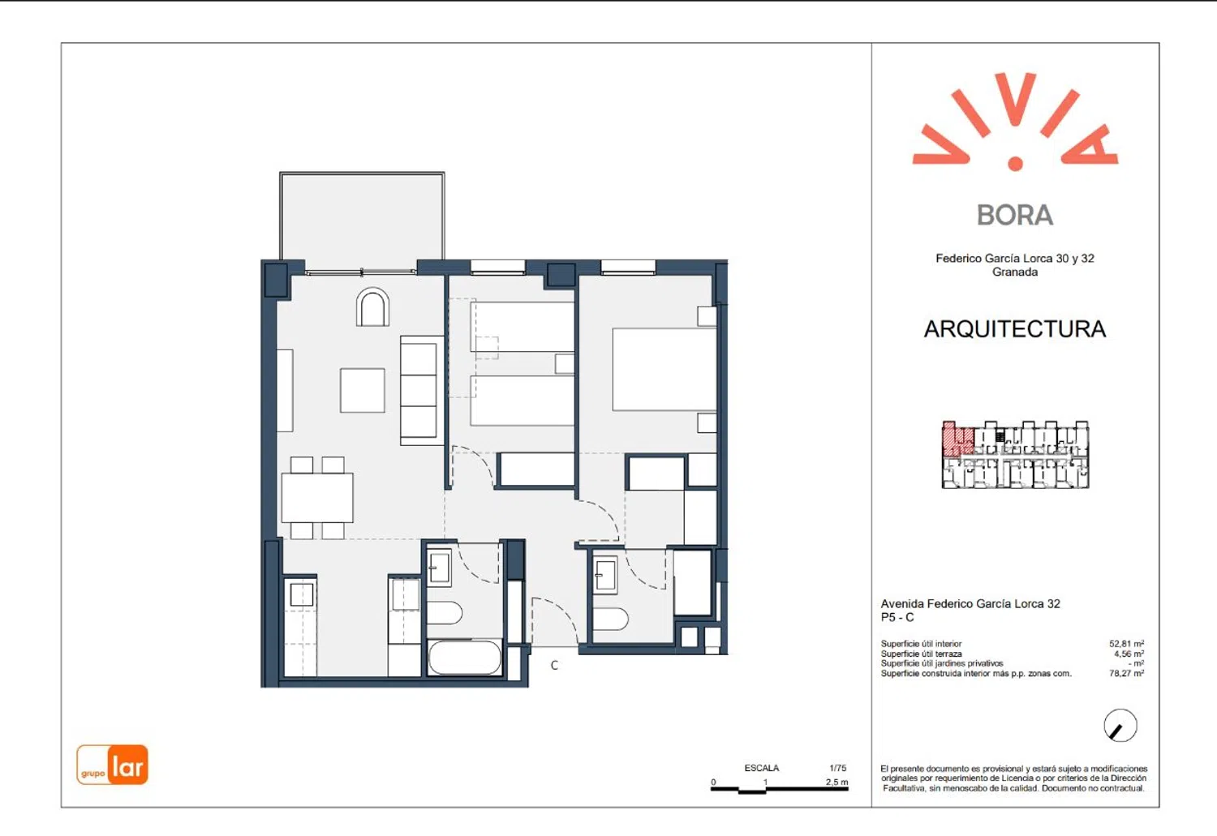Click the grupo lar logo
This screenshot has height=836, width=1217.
[112, 765]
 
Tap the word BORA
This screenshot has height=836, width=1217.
[1014, 216]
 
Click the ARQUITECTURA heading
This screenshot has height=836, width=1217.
[1015, 329]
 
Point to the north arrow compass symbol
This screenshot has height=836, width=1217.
[1120, 725]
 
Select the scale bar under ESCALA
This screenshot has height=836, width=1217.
[779, 789]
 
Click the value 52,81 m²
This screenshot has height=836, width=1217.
[1126, 644]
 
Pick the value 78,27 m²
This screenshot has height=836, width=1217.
[1126, 673]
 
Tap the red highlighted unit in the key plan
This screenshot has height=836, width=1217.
[957, 439]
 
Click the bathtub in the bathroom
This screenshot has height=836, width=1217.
[465, 658]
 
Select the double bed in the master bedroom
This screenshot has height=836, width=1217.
[664, 369]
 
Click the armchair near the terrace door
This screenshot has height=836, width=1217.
[372, 307]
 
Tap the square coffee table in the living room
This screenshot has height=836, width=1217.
[363, 390]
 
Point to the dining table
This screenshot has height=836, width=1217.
[317, 498]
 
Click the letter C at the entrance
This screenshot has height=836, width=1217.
[554, 665]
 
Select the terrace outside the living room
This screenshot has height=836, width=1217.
[362, 216]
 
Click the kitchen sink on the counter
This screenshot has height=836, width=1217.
[302, 595]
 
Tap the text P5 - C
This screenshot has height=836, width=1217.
[897, 617]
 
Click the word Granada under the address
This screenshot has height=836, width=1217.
[1015, 272]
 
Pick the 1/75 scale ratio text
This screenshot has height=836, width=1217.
[838, 768]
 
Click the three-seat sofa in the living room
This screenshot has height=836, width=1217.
[422, 391]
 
